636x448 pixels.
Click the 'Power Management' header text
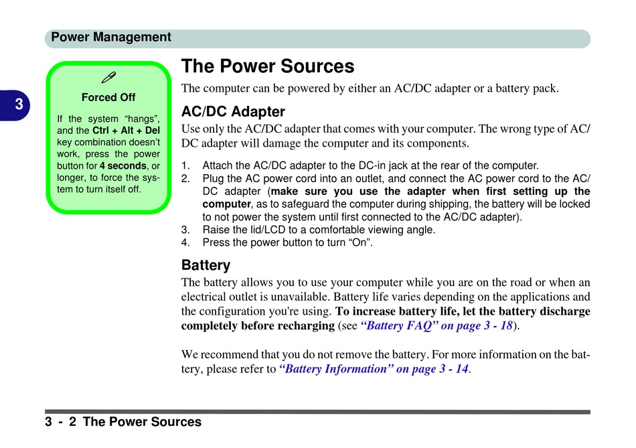tap(110, 38)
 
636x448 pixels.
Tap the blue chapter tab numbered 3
tap(15, 105)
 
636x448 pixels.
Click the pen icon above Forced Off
tap(108, 77)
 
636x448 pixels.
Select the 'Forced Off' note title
tap(108, 97)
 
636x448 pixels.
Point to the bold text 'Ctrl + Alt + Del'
tap(126, 131)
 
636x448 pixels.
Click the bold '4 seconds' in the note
tap(123, 166)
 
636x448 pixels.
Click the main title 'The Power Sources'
tap(268, 66)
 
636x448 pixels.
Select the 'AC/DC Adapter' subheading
tap(233, 112)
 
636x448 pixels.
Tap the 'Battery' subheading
tap(206, 265)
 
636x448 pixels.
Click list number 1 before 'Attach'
tap(185, 165)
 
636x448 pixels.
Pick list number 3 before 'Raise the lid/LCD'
tap(185, 230)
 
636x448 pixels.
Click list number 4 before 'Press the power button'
tap(185, 242)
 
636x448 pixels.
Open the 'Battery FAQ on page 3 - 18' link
tap(436, 326)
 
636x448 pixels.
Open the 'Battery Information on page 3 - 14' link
tap(374, 369)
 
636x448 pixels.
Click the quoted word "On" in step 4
tap(360, 242)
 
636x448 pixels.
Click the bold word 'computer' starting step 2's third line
tap(227, 204)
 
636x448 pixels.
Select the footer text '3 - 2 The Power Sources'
tap(123, 422)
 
